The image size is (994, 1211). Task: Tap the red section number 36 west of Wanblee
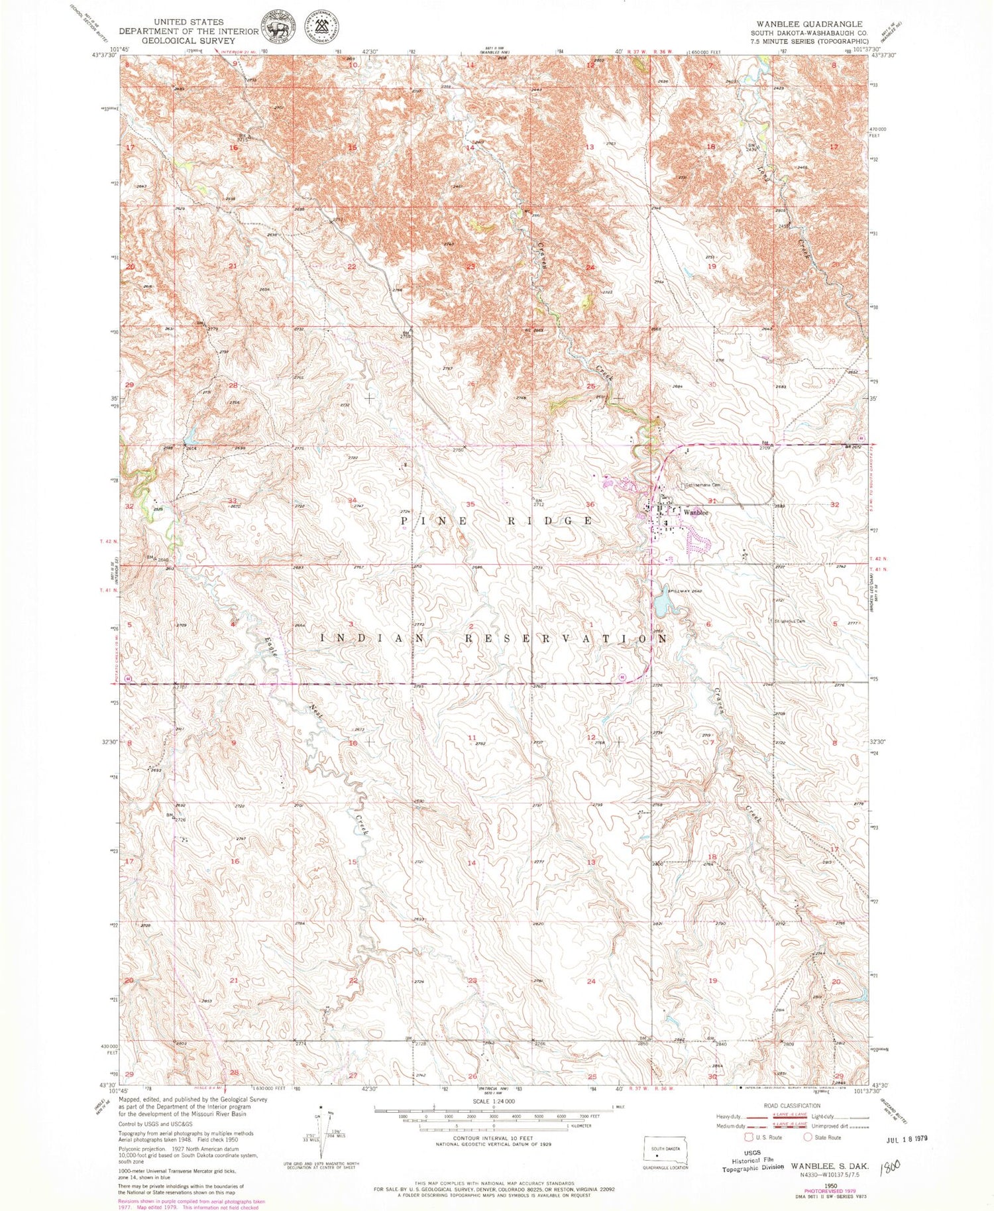(590, 504)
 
